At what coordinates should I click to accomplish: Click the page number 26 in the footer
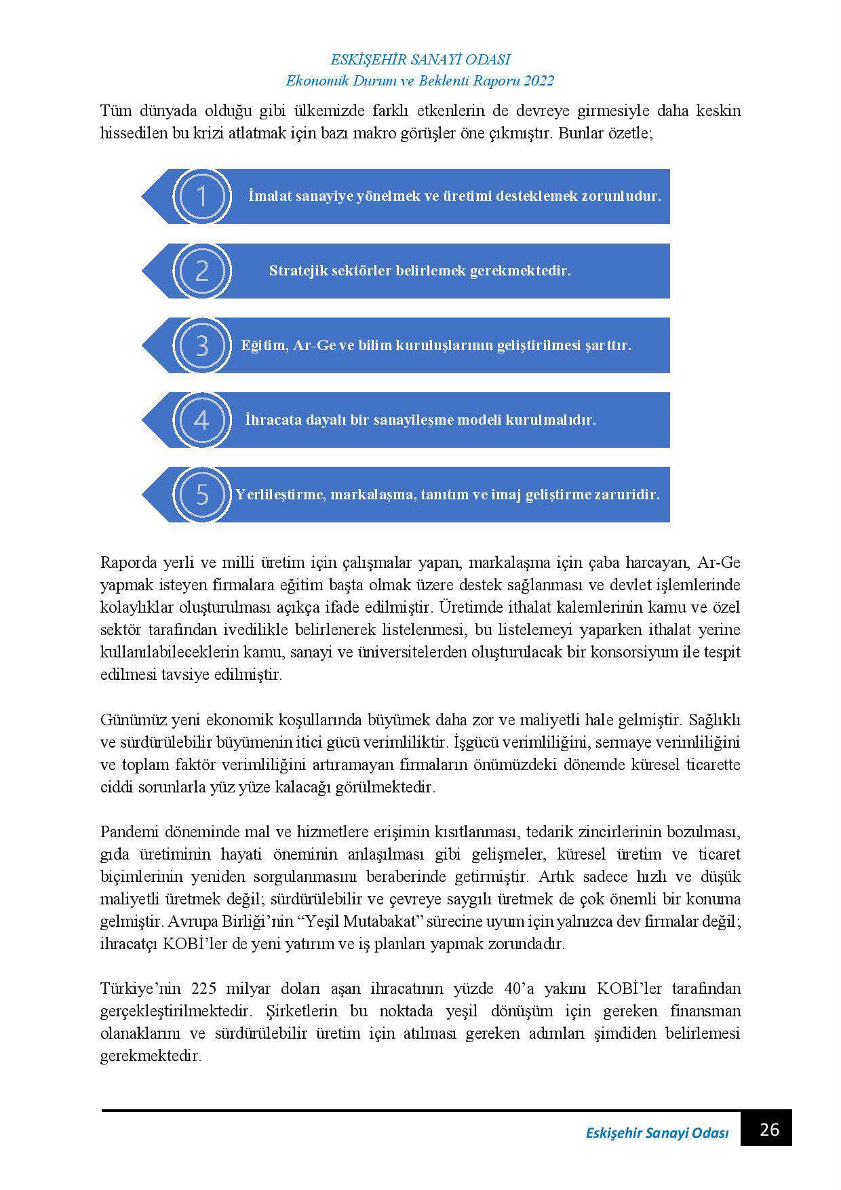770,1130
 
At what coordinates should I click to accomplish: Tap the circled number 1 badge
201,196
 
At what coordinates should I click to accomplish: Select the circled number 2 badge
201,271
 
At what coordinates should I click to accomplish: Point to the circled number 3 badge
201,345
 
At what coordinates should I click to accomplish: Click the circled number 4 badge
201,420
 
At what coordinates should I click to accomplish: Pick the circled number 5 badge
201,494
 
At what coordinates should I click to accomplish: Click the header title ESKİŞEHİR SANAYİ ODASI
420,60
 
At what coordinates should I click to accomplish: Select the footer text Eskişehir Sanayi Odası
657,1133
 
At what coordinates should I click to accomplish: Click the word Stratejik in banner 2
297,271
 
